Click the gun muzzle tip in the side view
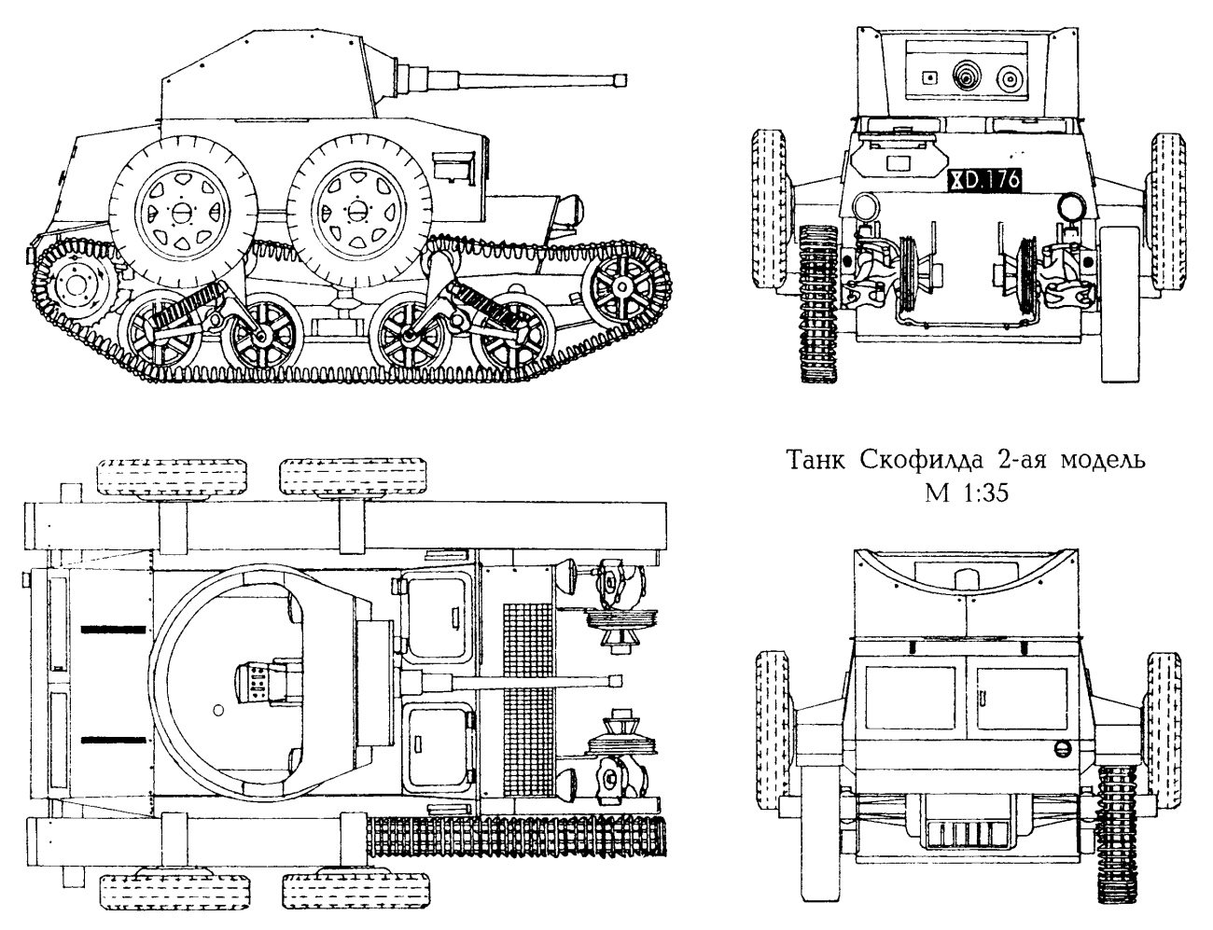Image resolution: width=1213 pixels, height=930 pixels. click(x=620, y=81)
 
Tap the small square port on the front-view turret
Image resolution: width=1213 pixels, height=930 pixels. click(x=928, y=77)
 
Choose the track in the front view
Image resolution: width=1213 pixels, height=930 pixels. click(x=819, y=303)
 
